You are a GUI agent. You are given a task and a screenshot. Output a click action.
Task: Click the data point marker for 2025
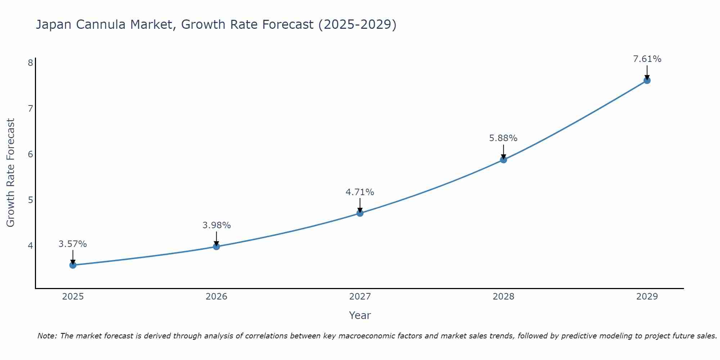(x=73, y=265)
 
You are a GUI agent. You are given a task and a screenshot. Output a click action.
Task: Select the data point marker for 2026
(x=216, y=247)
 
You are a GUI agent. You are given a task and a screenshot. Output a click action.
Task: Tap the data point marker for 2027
(x=360, y=213)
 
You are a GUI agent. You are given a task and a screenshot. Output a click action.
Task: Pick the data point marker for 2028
(x=503, y=160)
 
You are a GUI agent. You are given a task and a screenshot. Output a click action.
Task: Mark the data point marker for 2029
(x=647, y=81)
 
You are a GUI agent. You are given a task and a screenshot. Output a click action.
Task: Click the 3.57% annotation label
(x=73, y=244)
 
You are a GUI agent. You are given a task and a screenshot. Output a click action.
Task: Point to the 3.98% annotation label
(x=216, y=225)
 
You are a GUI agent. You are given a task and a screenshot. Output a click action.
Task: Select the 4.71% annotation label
(x=360, y=192)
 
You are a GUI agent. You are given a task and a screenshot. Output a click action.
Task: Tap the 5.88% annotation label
(x=503, y=138)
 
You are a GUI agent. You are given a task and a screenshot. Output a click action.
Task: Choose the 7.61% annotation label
(x=647, y=59)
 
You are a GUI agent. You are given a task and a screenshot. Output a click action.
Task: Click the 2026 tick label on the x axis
(x=216, y=297)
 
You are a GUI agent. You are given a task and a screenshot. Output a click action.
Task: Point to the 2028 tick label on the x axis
(x=503, y=297)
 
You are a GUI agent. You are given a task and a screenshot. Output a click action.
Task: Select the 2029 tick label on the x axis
(x=647, y=297)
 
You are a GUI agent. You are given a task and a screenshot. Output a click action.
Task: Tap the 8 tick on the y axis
(x=30, y=63)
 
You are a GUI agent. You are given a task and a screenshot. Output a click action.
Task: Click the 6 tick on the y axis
(x=30, y=154)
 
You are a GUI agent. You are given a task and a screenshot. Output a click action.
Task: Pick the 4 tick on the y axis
(x=30, y=246)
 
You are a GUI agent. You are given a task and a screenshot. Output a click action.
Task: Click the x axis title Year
(x=360, y=315)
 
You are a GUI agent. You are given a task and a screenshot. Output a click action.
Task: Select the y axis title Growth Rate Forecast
(x=11, y=173)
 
